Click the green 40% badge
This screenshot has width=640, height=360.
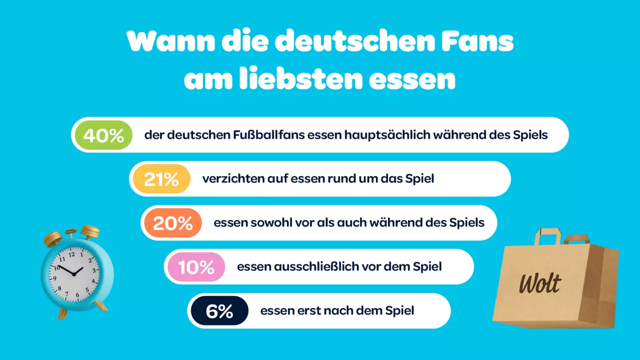pos(103,135)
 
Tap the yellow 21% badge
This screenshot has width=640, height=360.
pos(161,179)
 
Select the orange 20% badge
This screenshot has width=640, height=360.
pos(173,223)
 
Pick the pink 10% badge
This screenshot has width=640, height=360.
pos(196,267)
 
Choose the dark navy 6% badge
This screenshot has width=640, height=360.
pos(219,310)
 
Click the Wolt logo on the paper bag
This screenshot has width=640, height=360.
pos(540,283)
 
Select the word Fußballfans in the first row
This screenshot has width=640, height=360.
pos(269,135)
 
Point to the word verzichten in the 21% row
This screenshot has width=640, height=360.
pos(233,179)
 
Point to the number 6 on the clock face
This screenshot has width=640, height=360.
pos(77,294)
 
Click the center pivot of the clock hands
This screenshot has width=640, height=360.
pos(74,274)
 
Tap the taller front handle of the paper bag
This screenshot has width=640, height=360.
pos(548,236)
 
